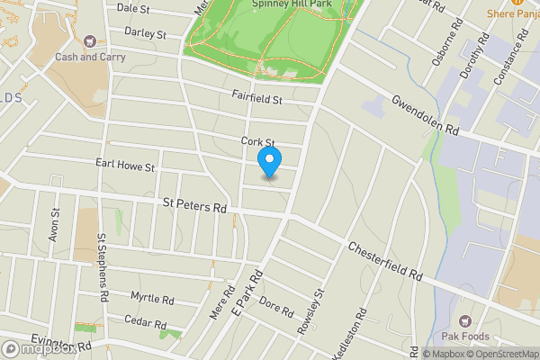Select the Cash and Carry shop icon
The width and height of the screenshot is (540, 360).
point(89,41)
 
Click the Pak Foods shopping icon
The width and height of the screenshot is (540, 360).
point(465,320)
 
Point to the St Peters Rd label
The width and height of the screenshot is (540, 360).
point(194,206)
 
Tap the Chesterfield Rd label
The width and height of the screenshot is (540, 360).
point(384,258)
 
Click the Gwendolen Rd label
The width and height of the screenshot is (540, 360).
point(425,115)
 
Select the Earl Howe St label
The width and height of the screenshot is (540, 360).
point(126,166)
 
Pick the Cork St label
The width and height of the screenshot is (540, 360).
point(256,141)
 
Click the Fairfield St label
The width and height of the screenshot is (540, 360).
point(257,98)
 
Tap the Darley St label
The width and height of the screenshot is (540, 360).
point(146,34)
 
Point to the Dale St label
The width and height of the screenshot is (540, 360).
point(132,7)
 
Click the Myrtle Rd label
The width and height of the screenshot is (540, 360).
point(151,298)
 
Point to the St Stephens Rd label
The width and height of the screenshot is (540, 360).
point(103,267)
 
